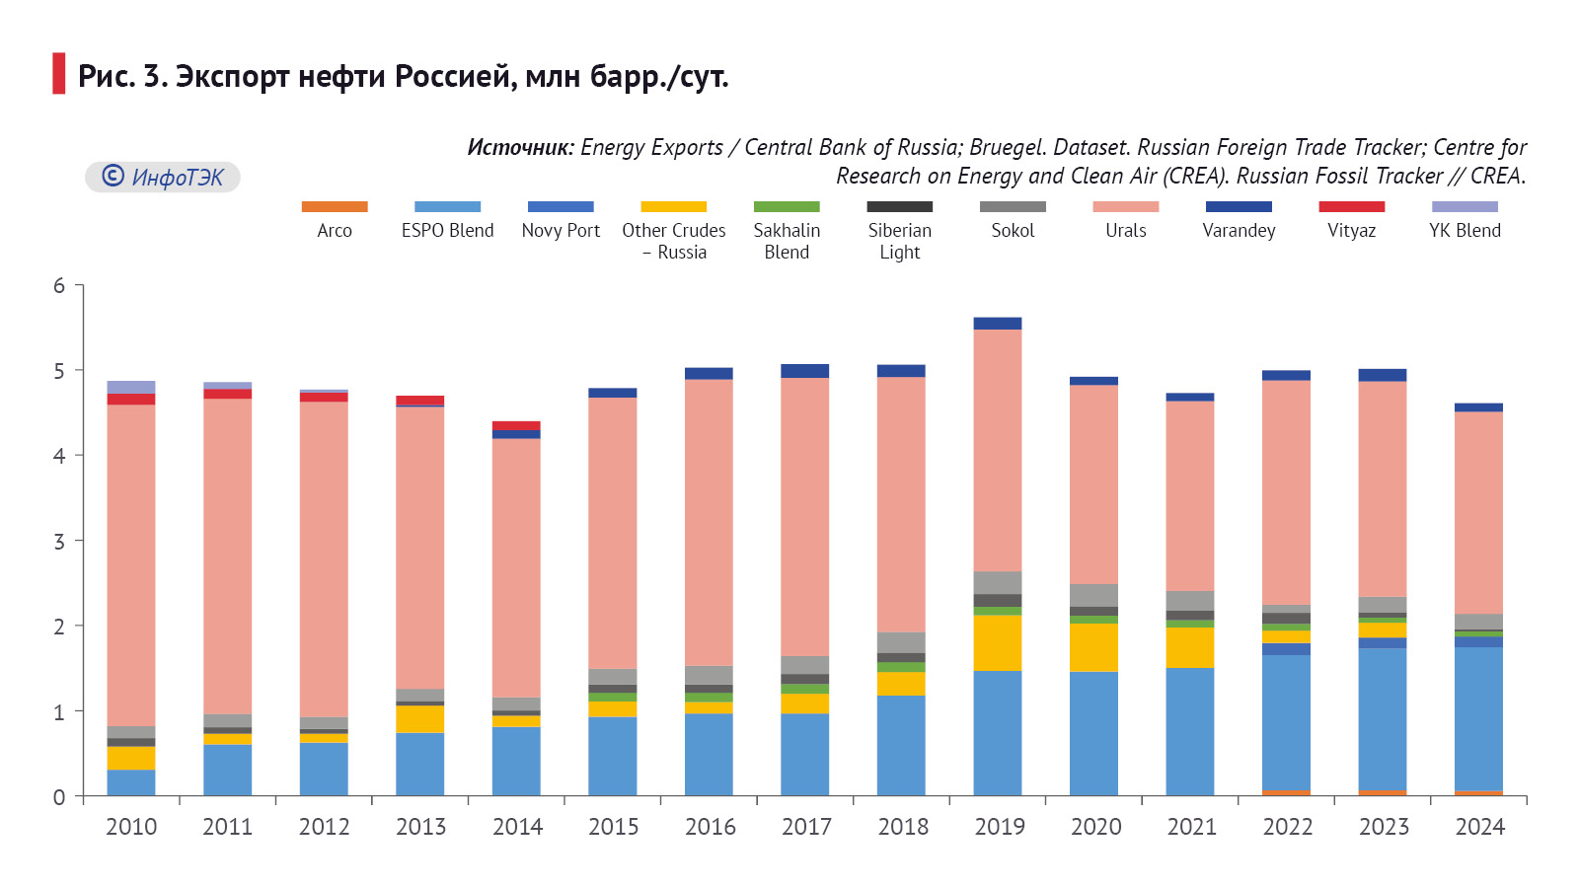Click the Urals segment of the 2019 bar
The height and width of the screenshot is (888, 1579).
coord(997,450)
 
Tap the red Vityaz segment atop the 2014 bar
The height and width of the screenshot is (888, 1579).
coord(516,425)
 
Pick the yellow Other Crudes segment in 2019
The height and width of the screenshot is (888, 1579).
coord(997,642)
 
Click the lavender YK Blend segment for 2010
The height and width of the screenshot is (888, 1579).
coord(131,387)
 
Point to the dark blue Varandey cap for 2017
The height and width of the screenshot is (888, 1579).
coord(804,371)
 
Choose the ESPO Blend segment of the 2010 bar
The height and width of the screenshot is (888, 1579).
coord(131,782)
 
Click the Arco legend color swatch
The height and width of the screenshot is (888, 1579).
coord(335,207)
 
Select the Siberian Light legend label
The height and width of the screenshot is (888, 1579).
coord(899,241)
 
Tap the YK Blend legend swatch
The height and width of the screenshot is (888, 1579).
coord(1465,207)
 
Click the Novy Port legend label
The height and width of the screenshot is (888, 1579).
coord(561,230)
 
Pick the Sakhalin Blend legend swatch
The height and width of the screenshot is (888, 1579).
coord(787,207)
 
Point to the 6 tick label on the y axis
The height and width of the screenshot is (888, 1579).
coord(59,286)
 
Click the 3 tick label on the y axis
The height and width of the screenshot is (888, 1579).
coord(59,542)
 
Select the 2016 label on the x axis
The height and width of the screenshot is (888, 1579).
coord(711,827)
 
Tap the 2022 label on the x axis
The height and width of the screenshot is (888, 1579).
coord(1288,827)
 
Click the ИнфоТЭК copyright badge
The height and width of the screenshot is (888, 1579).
coord(163,178)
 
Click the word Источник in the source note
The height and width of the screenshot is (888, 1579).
coord(519,148)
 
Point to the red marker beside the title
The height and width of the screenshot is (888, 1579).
coord(59,74)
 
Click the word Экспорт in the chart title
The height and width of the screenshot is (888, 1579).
coord(233,76)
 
